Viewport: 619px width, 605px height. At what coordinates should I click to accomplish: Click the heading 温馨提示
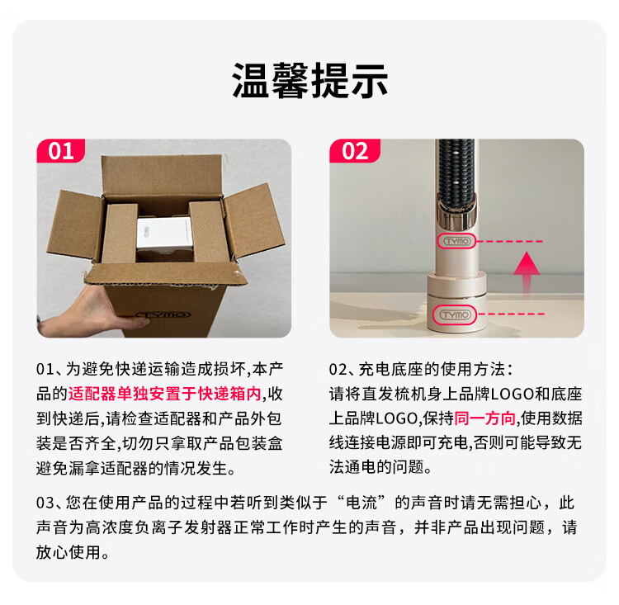point(309,81)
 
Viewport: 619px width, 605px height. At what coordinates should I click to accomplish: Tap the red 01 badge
point(61,150)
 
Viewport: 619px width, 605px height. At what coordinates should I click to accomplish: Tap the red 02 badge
point(355,150)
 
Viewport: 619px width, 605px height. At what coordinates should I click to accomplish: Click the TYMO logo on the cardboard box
point(163,314)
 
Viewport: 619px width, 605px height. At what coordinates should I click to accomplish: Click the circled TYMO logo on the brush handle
point(456,241)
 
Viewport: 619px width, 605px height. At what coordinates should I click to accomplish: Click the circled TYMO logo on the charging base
point(456,314)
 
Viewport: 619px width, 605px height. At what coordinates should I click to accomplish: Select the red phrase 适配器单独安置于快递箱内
point(164,394)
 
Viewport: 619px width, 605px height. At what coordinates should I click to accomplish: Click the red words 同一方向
point(485,418)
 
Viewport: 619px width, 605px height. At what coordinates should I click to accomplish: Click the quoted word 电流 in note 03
point(361,503)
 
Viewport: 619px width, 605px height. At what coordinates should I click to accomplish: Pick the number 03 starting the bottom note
point(45,503)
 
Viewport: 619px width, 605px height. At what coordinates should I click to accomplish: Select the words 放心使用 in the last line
point(69,552)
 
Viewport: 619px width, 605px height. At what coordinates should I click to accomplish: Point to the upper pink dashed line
point(510,241)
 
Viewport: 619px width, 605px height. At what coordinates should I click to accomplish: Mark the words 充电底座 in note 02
point(391,369)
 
